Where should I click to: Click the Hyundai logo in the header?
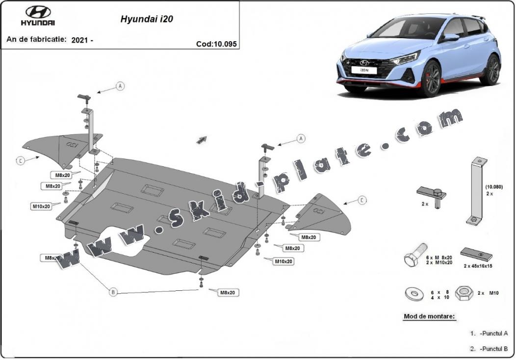click(38, 13)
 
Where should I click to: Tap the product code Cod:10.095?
click(216, 44)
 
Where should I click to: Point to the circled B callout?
click(113, 292)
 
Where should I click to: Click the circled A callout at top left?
click(120, 86)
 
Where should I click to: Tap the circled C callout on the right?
click(361, 200)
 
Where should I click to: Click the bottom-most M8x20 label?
click(228, 292)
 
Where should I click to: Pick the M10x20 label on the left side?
click(42, 206)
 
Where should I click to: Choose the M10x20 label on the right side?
click(284, 261)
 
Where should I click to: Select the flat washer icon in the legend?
click(414, 293)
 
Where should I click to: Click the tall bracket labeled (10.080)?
click(476, 191)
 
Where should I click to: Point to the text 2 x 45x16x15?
click(477, 266)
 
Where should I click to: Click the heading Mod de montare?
click(429, 316)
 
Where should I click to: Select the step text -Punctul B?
click(494, 349)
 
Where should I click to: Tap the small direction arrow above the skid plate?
click(202, 140)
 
